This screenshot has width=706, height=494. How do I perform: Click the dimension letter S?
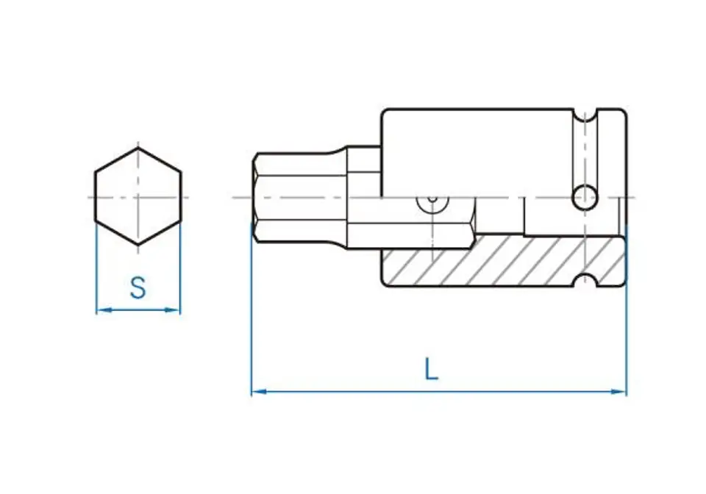click(x=138, y=288)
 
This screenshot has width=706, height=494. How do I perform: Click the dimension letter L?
click(x=432, y=369)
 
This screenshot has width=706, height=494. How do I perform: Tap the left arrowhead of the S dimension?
click(x=104, y=309)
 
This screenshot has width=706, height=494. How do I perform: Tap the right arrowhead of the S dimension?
click(x=172, y=309)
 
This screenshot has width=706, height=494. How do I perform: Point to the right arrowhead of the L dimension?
click(x=618, y=392)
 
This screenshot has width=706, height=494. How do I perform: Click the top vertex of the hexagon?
click(x=138, y=148)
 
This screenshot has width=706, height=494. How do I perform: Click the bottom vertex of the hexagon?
click(x=138, y=245)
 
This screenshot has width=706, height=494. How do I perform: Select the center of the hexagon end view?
click(x=138, y=197)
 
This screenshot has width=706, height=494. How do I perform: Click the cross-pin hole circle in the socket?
click(x=585, y=197)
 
